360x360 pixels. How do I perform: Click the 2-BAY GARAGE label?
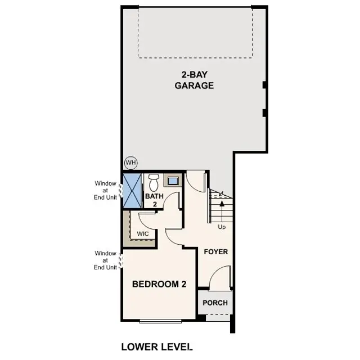[193, 80]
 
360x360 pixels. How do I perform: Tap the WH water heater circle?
[131, 163]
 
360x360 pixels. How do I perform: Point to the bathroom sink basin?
[173, 181]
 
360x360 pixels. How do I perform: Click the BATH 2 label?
[155, 200]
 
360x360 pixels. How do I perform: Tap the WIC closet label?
[142, 233]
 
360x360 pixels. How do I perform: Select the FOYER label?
[216, 251]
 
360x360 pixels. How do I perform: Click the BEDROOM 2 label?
[159, 284]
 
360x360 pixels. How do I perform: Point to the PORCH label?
[215, 303]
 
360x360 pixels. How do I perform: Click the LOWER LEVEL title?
[157, 346]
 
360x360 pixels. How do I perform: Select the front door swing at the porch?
[219, 277]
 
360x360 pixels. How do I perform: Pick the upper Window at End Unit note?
[105, 190]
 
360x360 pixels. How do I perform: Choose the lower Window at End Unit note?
[105, 260]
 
